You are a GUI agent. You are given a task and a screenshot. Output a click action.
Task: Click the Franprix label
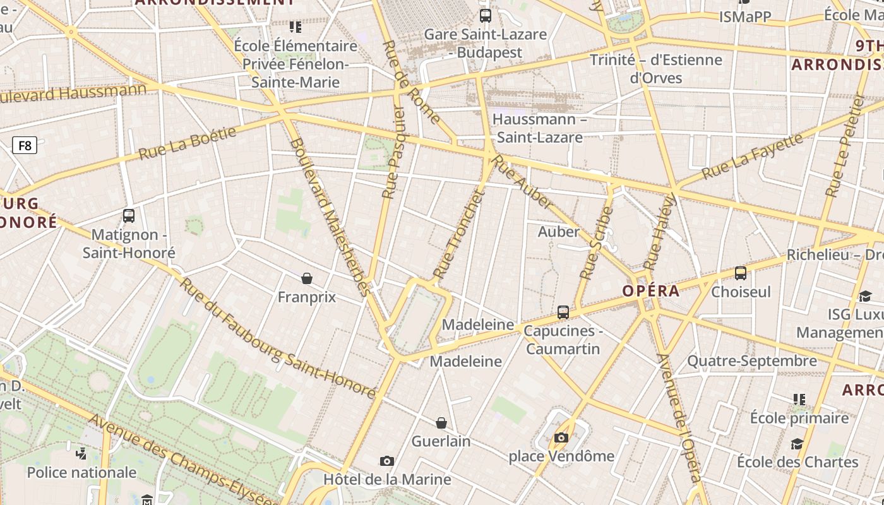tap(307, 297)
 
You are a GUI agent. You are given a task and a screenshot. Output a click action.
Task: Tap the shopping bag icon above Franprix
tap(307, 278)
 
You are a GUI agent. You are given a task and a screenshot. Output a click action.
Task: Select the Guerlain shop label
tap(441, 441)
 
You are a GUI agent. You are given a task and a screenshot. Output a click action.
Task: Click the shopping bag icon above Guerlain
tap(441, 423)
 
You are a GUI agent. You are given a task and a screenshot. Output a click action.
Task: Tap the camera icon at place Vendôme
tap(561, 437)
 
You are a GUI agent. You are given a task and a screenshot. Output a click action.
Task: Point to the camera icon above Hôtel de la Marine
tap(387, 461)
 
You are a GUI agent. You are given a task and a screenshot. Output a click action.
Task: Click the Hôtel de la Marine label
tap(387, 479)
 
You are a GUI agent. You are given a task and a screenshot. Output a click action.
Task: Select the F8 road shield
tap(25, 146)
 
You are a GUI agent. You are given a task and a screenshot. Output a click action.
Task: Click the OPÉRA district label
tap(650, 291)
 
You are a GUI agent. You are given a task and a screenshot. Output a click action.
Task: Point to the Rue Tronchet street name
tap(458, 235)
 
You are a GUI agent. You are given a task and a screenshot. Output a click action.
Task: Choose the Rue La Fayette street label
tap(751, 156)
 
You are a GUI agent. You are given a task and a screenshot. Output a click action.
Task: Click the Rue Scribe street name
tap(596, 243)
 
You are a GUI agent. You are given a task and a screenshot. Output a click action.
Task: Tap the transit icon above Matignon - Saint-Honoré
tap(129, 216)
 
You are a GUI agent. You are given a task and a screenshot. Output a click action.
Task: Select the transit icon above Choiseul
tap(741, 273)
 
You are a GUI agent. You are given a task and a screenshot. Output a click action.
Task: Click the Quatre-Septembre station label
tap(751, 361)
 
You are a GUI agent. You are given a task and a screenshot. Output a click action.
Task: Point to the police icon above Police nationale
tap(81, 453)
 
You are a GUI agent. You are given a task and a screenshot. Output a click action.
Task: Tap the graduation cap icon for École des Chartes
tap(797, 444)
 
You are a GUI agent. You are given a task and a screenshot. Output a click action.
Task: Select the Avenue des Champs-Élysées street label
tap(183, 461)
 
